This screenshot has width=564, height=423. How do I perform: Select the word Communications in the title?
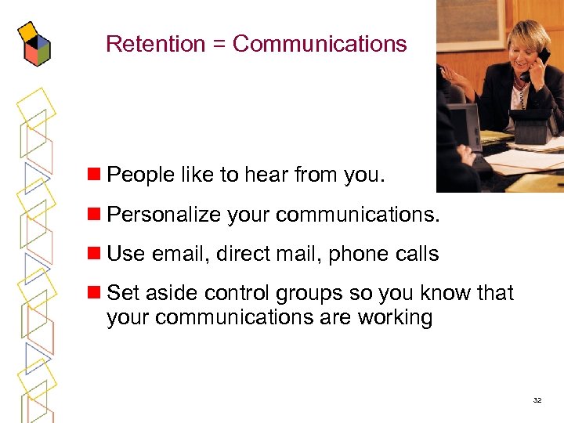320,44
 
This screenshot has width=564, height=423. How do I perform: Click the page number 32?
537,400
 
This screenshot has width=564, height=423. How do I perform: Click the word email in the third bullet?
182,254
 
